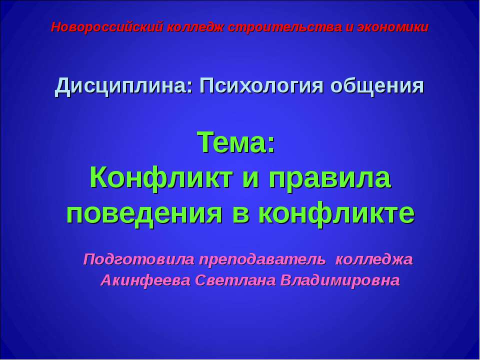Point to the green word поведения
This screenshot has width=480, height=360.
144,214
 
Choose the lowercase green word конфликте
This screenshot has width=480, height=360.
336,214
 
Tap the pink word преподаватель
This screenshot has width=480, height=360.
262,259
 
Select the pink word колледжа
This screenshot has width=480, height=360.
374,260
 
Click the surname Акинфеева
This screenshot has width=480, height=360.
145,280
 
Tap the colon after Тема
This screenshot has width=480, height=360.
271,146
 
